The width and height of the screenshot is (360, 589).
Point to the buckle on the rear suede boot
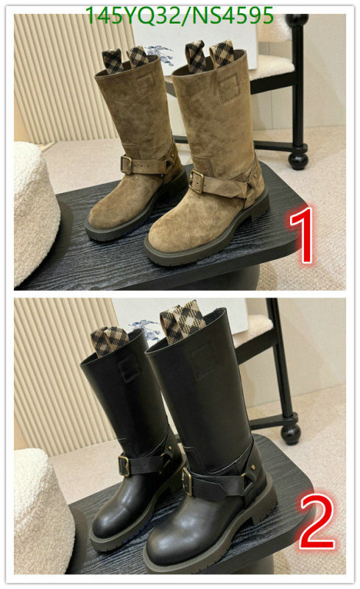point(128,164)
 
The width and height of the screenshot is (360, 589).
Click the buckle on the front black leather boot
point(188,482)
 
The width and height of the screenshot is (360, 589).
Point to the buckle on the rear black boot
point(123,464)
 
